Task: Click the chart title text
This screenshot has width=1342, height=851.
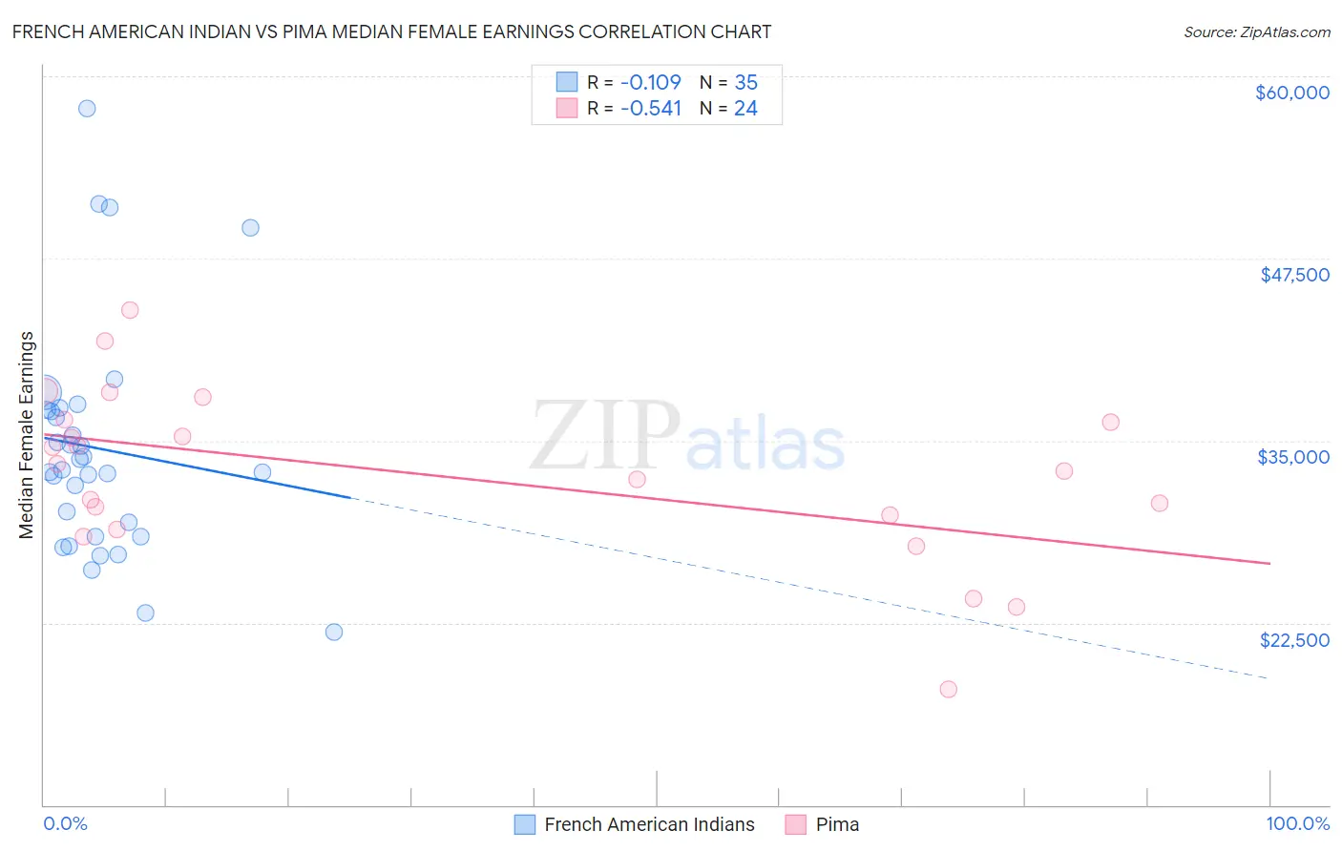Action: click(391, 31)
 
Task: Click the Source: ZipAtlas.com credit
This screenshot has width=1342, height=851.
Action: click(1256, 32)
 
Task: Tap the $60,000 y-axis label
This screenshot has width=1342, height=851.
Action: click(1291, 93)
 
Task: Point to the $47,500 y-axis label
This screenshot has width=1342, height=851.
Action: click(1294, 275)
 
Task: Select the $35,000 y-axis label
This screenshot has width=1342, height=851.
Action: click(1293, 457)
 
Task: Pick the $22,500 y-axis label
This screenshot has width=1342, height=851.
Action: click(1294, 640)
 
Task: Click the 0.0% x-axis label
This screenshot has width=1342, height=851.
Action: click(65, 823)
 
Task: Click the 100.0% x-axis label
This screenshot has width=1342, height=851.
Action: click(1297, 823)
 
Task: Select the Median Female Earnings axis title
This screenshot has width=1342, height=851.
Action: click(27, 435)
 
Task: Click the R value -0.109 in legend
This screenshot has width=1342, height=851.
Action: click(650, 83)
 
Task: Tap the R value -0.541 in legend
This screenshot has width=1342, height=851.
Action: click(650, 109)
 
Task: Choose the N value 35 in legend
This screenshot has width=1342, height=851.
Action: click(745, 83)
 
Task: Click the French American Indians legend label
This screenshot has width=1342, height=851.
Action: click(649, 824)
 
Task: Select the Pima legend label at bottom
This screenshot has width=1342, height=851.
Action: click(837, 824)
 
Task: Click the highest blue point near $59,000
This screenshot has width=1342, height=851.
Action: click(87, 109)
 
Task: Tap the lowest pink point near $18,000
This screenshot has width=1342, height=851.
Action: click(948, 689)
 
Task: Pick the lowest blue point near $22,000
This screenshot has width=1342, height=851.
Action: click(334, 632)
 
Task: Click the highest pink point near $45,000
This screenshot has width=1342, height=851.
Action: click(130, 310)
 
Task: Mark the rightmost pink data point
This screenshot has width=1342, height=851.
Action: click(1160, 503)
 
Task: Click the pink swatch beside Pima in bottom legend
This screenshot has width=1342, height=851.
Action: click(795, 824)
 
